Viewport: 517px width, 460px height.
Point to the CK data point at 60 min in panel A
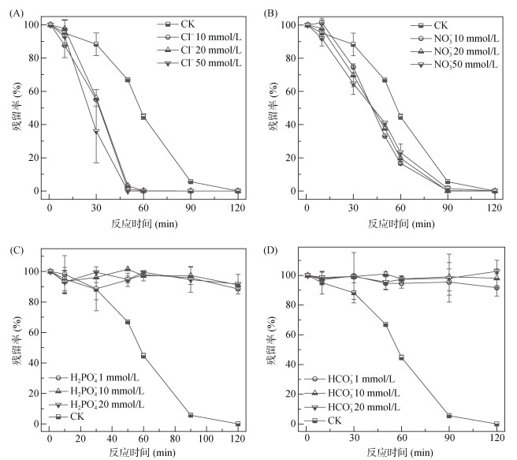click(143, 117)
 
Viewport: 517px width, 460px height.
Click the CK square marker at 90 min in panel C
click(190, 415)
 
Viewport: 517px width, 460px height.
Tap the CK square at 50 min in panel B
click(385, 80)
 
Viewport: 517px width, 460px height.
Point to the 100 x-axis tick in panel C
click(206, 438)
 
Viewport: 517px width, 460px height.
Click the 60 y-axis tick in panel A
click(29, 92)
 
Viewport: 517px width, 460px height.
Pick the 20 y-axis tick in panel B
click(286, 158)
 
